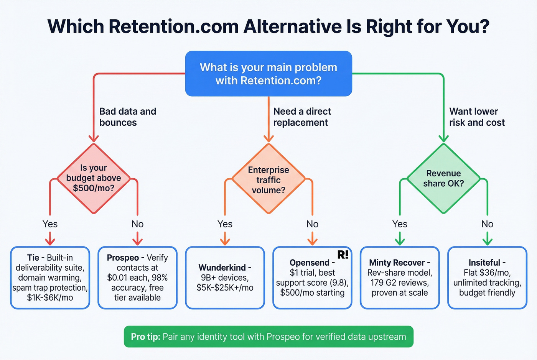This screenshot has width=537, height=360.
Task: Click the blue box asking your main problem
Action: pyautogui.click(x=268, y=74)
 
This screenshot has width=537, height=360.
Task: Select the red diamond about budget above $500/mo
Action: pyautogui.click(x=93, y=178)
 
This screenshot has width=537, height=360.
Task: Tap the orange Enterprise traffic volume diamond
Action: pyautogui.click(x=268, y=179)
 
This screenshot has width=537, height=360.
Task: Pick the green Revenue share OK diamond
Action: pyautogui.click(x=443, y=178)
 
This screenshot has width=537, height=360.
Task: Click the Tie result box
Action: pyautogui.click(x=50, y=278)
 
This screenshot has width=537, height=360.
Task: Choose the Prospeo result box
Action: pyautogui.click(x=137, y=278)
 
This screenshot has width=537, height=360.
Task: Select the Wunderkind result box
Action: pyautogui.click(x=225, y=278)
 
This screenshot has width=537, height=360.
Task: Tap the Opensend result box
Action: pyautogui.click(x=312, y=278)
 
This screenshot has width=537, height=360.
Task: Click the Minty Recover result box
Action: pyautogui.click(x=400, y=278)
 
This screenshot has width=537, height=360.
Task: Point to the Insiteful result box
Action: pyautogui.click(x=487, y=278)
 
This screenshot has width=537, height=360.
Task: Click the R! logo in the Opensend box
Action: pyautogui.click(x=343, y=255)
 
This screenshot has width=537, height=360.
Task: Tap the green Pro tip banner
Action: pyautogui.click(x=268, y=337)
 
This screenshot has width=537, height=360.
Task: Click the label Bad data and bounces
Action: pyautogui.click(x=128, y=117)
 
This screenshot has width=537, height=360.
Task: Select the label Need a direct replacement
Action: pyautogui.click(x=302, y=117)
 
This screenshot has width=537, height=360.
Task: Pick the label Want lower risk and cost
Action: pyautogui.click(x=477, y=117)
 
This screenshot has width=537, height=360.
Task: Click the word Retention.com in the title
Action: pyautogui.click(x=173, y=26)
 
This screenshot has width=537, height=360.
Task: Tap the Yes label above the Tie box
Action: pyautogui.click(x=50, y=224)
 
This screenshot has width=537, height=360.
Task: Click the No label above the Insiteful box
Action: pyautogui.click(x=487, y=224)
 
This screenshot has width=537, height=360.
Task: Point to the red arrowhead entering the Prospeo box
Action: pyautogui.click(x=137, y=241)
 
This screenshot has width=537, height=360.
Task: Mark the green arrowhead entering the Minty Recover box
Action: pyautogui.click(x=400, y=241)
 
